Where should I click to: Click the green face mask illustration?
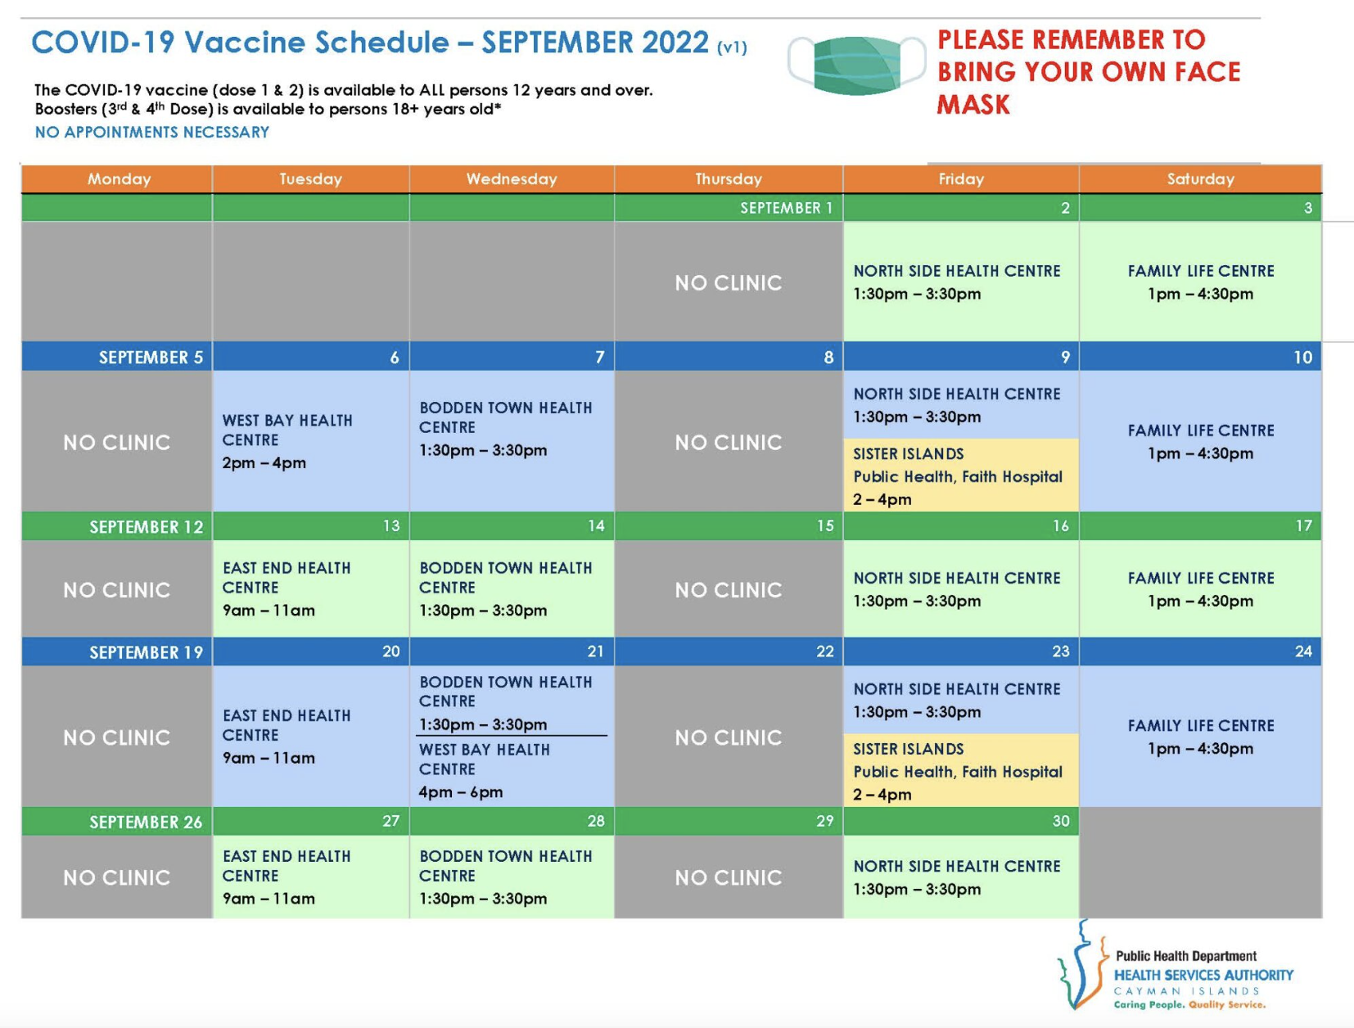point(857,65)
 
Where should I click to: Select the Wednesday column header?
point(512,179)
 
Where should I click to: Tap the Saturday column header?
point(1200,179)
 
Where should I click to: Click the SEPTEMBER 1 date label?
point(787,208)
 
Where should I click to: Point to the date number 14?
point(596,526)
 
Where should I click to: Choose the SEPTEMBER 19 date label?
point(147,652)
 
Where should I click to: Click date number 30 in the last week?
point(1061,821)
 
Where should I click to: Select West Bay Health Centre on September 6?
point(287,430)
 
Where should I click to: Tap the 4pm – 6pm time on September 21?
point(461,791)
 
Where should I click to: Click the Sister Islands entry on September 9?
point(958,476)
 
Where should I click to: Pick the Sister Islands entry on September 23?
point(958,772)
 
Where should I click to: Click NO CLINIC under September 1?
point(729,283)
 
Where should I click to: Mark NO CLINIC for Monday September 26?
point(116,877)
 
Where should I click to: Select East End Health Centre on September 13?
point(287,577)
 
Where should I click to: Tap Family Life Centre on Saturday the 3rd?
point(1201,271)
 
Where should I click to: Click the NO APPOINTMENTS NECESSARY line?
point(152,132)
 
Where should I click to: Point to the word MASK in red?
point(973,105)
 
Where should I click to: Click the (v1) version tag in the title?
point(732,47)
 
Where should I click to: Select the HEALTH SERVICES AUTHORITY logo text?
point(1203,975)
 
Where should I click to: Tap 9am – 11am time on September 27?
point(269,899)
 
